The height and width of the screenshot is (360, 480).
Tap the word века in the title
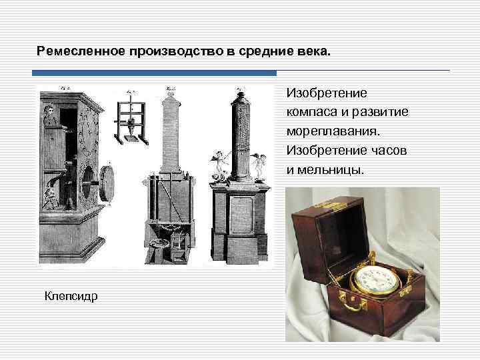[312, 51]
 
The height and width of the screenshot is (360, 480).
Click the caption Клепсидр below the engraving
[71, 295]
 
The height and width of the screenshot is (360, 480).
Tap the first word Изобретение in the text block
[322, 93]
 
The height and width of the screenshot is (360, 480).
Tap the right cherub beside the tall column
[259, 163]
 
